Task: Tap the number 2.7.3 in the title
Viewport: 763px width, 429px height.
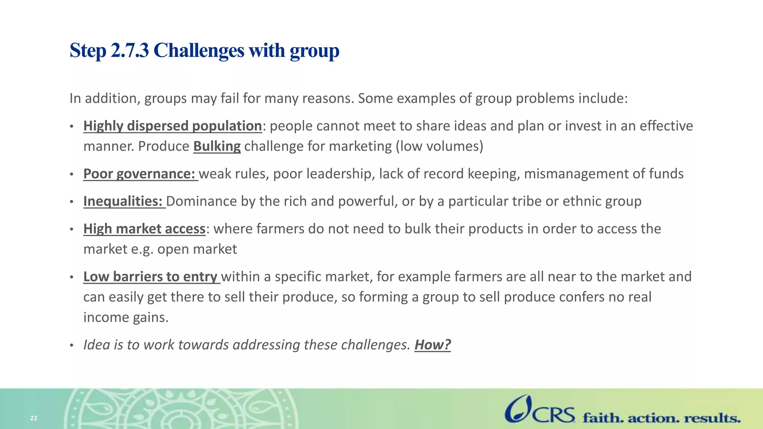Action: (x=130, y=51)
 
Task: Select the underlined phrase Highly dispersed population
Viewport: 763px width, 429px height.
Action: (x=172, y=126)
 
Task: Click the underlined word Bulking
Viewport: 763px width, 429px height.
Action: (x=217, y=146)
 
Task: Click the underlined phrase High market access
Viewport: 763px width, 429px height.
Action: (x=144, y=229)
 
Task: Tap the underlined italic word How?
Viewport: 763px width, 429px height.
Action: (x=433, y=345)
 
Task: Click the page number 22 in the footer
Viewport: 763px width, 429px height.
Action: (x=34, y=418)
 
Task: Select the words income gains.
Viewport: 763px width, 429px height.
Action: (x=126, y=317)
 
